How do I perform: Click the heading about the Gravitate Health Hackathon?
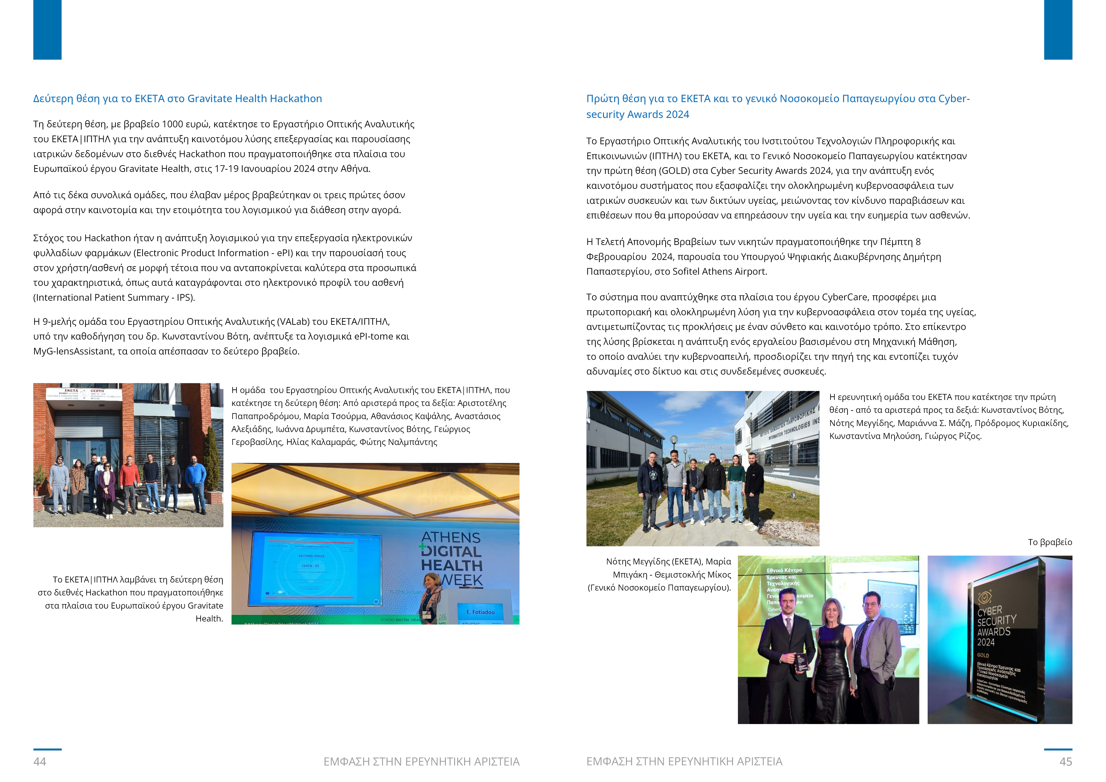(177, 99)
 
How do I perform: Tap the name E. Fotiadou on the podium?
(480, 612)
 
